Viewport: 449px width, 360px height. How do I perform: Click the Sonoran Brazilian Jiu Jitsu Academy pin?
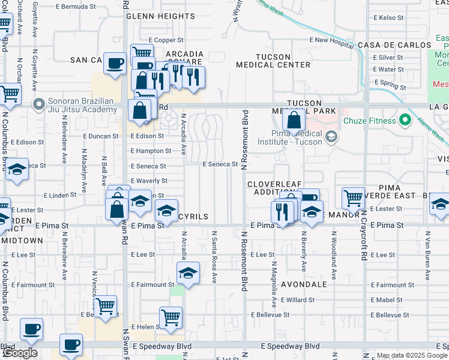[x=39, y=106]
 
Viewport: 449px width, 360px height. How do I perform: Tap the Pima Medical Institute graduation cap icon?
[x=331, y=138]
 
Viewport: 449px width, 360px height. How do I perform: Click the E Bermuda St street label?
[x=75, y=7]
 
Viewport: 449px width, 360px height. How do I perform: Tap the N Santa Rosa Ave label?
[x=213, y=256]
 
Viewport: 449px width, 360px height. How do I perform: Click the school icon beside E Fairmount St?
[x=188, y=273]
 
